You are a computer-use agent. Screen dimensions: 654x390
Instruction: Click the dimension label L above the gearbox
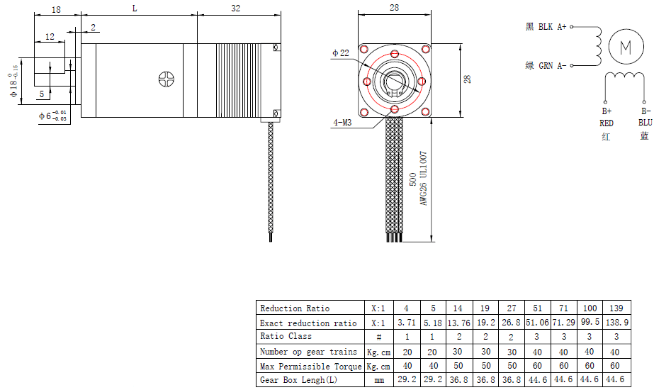click(135, 9)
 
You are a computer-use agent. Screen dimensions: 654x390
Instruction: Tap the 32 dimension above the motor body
click(236, 9)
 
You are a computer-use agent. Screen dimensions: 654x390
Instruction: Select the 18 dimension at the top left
click(56, 9)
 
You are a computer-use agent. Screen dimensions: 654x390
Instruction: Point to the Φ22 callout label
click(341, 53)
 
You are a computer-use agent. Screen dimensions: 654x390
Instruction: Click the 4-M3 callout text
click(342, 123)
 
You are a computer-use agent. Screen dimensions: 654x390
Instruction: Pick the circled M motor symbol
click(626, 47)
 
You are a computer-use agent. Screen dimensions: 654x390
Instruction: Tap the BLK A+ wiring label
click(552, 27)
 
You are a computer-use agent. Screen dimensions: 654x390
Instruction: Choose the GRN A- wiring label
click(553, 65)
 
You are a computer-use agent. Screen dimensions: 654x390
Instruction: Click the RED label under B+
click(606, 123)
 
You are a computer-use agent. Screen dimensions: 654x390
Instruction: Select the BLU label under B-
click(645, 123)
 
